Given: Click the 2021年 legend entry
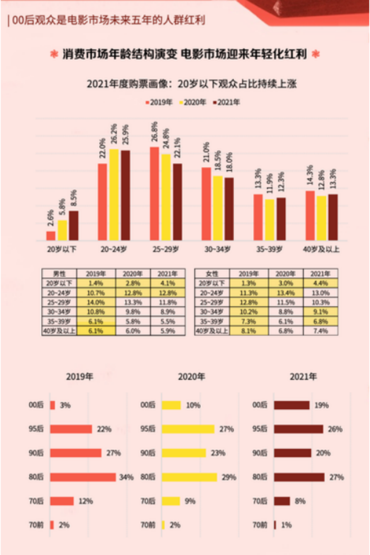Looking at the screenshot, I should pyautogui.click(x=227, y=102).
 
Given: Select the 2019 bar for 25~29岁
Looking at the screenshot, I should pyautogui.click(x=154, y=194).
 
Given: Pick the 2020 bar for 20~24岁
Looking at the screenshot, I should pyautogui.click(x=114, y=195).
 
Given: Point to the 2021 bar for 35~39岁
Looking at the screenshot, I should pyautogui.click(x=281, y=219).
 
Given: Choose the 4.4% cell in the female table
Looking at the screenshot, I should pyautogui.click(x=320, y=282).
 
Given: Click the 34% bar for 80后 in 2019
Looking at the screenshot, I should pyautogui.click(x=83, y=477).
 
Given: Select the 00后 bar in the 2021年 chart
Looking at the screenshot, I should pyautogui.click(x=292, y=405).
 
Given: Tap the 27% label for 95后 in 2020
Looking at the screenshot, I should pyautogui.click(x=227, y=429).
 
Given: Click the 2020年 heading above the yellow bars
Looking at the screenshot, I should pyautogui.click(x=191, y=377).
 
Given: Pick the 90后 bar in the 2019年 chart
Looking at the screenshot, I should pyautogui.click(x=76, y=453).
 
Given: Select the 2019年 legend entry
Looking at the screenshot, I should pyautogui.click(x=159, y=102).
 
